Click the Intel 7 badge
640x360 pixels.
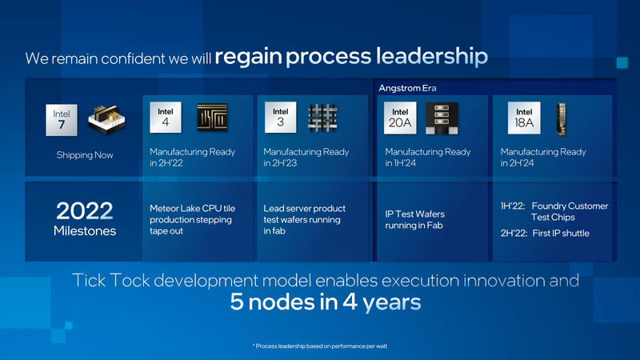[62, 118]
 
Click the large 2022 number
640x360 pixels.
[84, 210]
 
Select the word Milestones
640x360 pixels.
[84, 231]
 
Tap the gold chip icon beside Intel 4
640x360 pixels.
[213, 118]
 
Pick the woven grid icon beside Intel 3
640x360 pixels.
[324, 118]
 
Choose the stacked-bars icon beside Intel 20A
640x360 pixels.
[441, 118]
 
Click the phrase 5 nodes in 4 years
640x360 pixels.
[319, 304]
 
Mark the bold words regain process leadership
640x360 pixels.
[350, 57]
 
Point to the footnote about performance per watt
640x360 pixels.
[320, 346]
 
